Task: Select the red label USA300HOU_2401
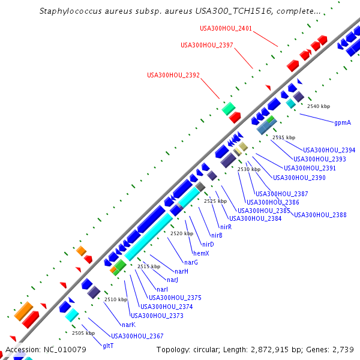click(226, 28)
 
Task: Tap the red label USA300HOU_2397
click(207, 45)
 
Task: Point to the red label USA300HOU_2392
click(173, 75)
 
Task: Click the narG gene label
click(191, 262)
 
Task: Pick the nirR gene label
click(226, 227)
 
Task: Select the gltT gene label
click(108, 346)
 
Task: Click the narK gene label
click(128, 325)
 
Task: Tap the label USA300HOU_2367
click(137, 336)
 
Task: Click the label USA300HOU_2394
click(329, 150)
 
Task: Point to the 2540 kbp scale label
click(319, 106)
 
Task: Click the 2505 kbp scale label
click(83, 333)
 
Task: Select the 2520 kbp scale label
click(182, 233)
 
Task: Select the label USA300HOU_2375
click(175, 298)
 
